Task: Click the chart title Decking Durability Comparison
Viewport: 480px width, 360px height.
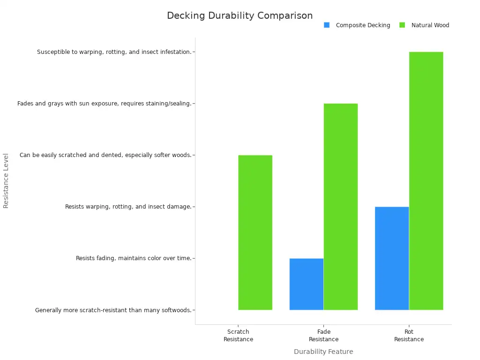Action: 240,15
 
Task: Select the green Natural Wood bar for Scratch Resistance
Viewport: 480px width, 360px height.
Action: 255,232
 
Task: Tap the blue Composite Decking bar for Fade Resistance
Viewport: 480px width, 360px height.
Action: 307,284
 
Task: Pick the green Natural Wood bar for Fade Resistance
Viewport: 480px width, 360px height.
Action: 341,207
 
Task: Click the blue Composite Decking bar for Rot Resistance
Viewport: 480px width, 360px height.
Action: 392,258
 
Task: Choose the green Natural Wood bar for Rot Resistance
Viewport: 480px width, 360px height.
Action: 426,181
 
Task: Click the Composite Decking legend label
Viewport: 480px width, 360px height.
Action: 363,25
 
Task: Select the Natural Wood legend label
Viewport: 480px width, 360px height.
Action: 430,25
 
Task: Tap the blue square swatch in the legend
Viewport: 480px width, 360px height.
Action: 327,25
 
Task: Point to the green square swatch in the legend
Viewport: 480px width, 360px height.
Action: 402,25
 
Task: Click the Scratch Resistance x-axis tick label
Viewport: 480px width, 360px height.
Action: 238,336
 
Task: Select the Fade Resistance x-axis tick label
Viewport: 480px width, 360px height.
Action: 323,336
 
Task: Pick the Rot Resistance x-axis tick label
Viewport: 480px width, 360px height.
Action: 409,336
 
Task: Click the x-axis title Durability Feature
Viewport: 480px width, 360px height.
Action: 323,352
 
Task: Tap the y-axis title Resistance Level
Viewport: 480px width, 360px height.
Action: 6,180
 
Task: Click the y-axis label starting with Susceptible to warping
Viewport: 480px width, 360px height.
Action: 114,52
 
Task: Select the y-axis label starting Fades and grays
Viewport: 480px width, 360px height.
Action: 104,104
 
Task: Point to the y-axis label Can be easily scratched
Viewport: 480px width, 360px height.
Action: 105,155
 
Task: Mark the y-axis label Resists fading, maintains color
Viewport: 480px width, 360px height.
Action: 134,258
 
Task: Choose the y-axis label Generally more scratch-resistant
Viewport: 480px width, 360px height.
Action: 113,310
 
